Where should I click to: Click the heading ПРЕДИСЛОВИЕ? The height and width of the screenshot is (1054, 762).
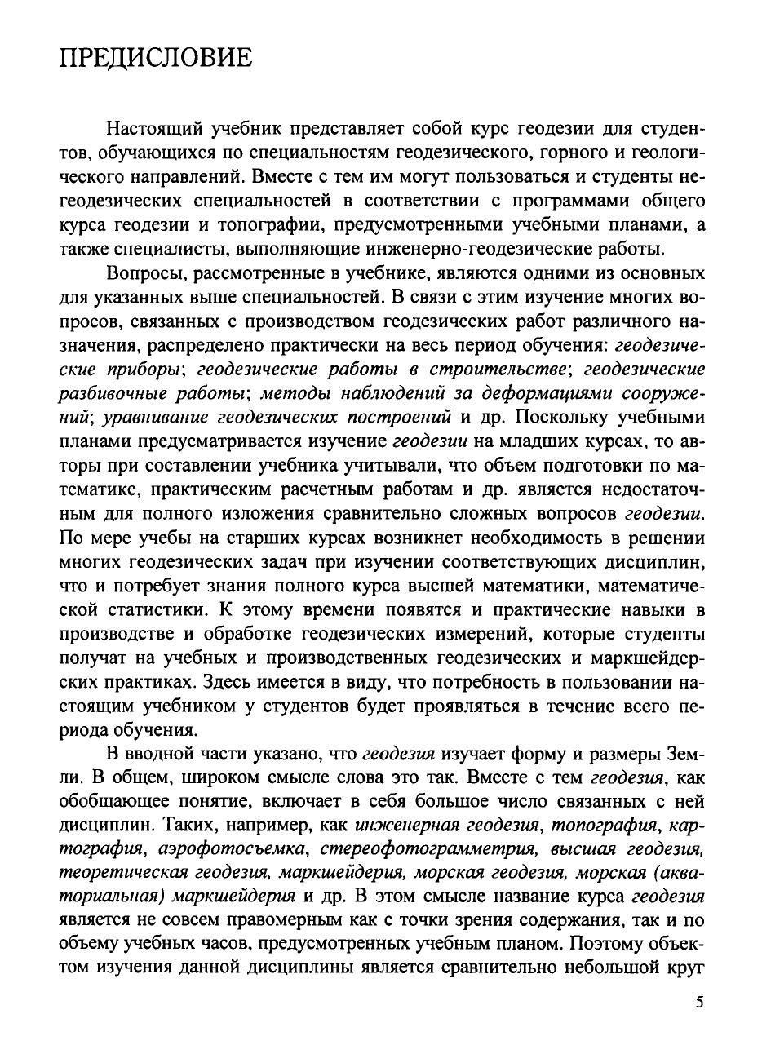click(156, 58)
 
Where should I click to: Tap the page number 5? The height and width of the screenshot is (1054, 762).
click(699, 1003)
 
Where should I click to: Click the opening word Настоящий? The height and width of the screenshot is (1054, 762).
click(155, 128)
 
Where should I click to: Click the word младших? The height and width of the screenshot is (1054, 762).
click(538, 441)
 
